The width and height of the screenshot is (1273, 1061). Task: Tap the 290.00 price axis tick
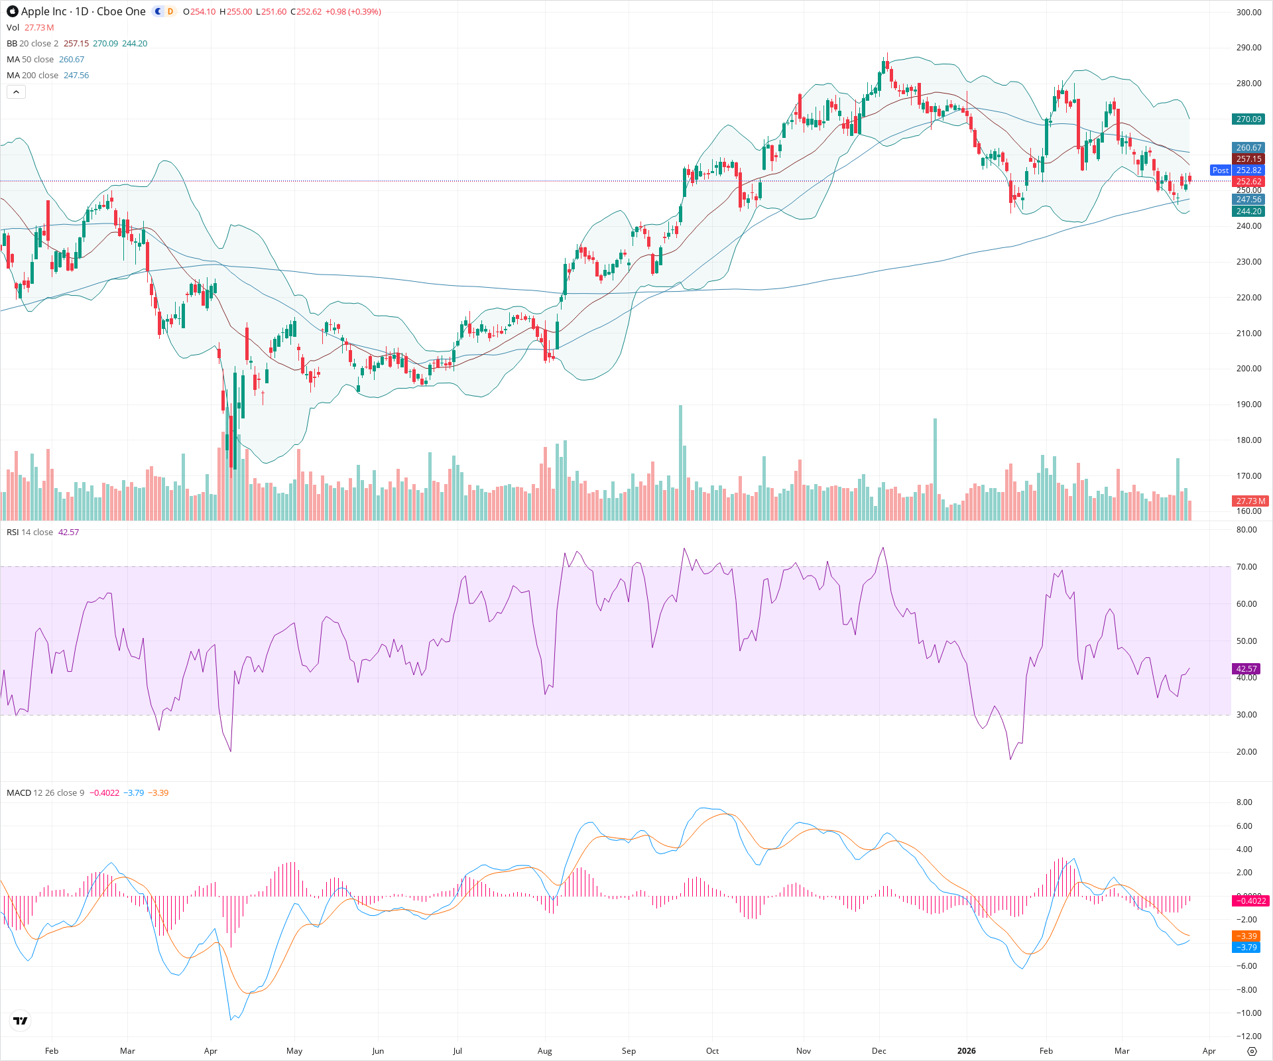click(x=1248, y=48)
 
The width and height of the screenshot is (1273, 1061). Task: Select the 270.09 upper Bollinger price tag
click(x=1248, y=119)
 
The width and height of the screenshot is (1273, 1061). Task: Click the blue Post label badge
click(x=1220, y=170)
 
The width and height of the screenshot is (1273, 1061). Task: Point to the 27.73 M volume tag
click(x=1250, y=501)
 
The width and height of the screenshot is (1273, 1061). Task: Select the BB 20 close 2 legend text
click(x=32, y=43)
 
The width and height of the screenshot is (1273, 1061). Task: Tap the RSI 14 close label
click(x=30, y=532)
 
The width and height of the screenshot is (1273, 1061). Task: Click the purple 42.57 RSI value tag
click(x=1246, y=669)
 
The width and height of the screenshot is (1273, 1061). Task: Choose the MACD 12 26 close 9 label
click(x=45, y=792)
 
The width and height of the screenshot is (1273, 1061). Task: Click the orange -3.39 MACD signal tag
click(x=1246, y=936)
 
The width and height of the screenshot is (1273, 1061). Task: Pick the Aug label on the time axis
click(x=544, y=1050)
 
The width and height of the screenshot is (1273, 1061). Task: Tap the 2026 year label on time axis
click(x=966, y=1050)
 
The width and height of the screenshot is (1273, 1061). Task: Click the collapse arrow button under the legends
click(x=16, y=92)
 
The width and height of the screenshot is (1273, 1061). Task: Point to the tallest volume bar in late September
click(x=680, y=464)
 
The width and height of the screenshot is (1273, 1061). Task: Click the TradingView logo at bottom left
click(x=21, y=1021)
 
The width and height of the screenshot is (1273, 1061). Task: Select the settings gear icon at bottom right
click(x=1252, y=1051)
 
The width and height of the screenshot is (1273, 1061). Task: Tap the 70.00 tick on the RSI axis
click(x=1246, y=567)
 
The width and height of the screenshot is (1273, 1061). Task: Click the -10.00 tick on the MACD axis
click(x=1248, y=1013)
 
